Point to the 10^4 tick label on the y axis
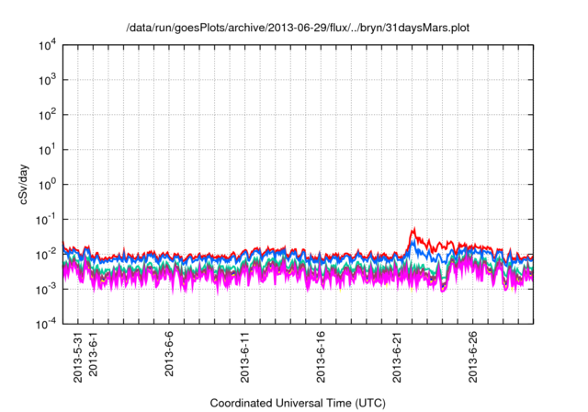click(x=46, y=45)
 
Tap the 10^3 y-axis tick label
click(x=46, y=80)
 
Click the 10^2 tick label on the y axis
click(x=46, y=115)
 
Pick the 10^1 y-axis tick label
click(x=46, y=149)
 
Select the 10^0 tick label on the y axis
click(x=46, y=184)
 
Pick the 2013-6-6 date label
click(x=169, y=356)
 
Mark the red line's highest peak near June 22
click(x=414, y=228)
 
